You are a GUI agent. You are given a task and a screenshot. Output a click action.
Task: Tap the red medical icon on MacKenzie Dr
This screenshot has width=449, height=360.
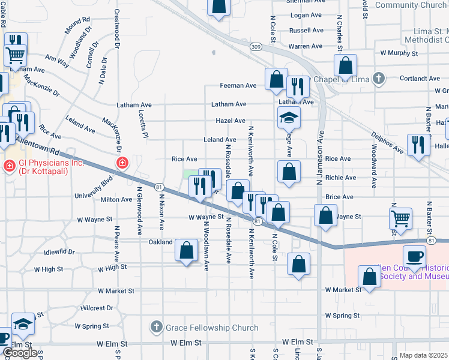(122, 163)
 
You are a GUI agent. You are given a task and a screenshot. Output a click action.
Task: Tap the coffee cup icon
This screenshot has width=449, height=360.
(414, 257)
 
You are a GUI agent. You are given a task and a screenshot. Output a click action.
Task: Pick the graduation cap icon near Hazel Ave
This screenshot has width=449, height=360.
(289, 118)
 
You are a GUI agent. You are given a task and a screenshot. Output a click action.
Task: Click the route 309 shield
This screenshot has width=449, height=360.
(257, 47)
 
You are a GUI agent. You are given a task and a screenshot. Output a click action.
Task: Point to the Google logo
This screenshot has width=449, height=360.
(20, 353)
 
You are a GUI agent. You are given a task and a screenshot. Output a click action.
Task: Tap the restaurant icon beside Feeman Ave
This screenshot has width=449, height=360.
(297, 86)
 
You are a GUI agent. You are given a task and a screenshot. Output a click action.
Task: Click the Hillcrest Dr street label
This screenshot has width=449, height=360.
(97, 308)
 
